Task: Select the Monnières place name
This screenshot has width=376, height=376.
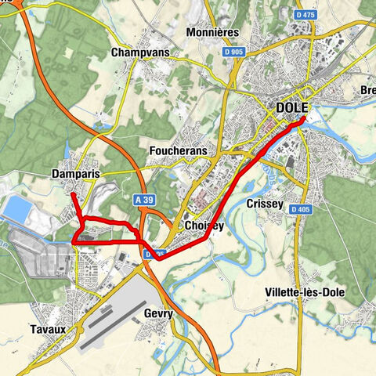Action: (x=213, y=33)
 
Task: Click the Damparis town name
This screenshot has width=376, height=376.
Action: (x=76, y=173)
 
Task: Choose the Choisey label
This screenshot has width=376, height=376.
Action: (x=205, y=226)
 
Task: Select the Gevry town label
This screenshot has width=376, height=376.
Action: (x=158, y=312)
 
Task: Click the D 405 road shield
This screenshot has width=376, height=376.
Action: (x=300, y=210)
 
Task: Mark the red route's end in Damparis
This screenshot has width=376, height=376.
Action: (x=73, y=193)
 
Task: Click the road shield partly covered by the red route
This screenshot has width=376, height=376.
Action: (x=155, y=254)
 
